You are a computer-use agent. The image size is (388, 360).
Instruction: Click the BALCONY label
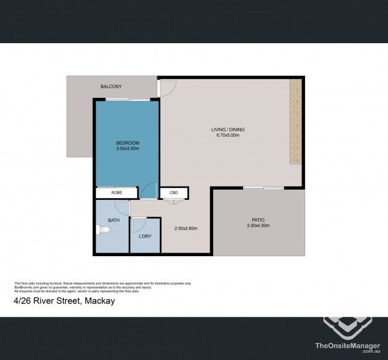coord(111,87)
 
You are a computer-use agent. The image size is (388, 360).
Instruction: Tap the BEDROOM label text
coord(127,142)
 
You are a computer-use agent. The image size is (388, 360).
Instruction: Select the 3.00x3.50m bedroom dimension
coord(127,148)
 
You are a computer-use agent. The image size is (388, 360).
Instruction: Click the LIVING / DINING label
coord(228,130)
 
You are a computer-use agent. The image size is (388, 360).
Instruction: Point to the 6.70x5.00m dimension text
coord(228,136)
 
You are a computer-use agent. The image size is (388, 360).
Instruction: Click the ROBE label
coord(118,193)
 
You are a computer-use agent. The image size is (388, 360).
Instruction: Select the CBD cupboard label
coord(174,193)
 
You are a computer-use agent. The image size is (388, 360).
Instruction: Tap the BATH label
coord(114,221)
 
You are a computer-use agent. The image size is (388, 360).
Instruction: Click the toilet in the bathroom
coord(100,229)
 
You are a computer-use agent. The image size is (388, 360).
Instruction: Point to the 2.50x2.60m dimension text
coord(186,228)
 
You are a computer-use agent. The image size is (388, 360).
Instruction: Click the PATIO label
coord(258,220)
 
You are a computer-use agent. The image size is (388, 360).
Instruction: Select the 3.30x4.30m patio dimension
coord(258,226)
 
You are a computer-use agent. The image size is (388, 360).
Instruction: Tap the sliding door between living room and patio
coord(263,188)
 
